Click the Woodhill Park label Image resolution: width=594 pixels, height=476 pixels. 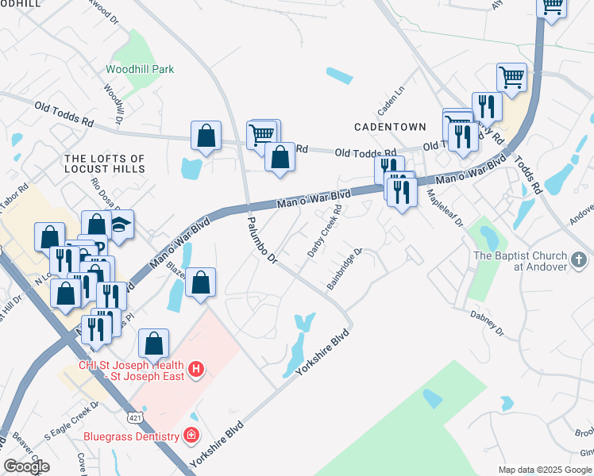[140, 70]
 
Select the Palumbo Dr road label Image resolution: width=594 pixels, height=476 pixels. [261, 241]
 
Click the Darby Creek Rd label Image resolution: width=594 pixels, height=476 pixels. [325, 232]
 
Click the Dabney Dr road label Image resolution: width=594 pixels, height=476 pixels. [486, 321]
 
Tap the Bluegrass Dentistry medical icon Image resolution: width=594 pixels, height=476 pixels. [191, 435]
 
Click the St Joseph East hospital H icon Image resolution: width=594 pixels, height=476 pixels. [196, 369]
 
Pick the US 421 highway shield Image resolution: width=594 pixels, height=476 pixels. [134, 417]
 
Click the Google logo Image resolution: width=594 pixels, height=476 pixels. [26, 466]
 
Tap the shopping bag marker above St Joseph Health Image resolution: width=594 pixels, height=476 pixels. [154, 344]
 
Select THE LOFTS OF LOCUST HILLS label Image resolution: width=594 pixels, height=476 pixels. [105, 164]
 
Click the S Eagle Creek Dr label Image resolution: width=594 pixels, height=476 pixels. [71, 421]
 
